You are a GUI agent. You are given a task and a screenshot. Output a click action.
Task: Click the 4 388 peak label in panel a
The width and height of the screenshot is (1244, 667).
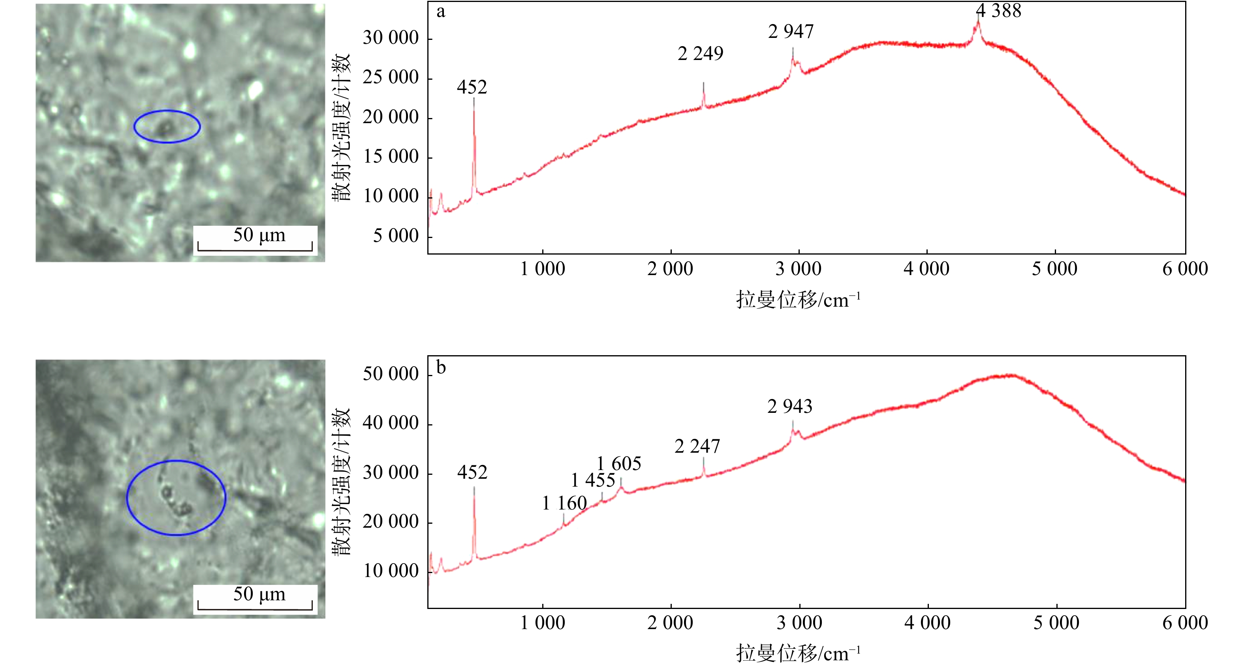point(999,11)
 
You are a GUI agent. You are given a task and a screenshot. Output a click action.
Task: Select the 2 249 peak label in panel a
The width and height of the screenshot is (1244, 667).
point(700,54)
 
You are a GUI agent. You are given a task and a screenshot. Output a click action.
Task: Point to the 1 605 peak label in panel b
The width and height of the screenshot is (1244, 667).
point(619,464)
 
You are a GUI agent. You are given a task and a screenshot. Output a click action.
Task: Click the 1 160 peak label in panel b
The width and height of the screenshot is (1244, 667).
point(564,503)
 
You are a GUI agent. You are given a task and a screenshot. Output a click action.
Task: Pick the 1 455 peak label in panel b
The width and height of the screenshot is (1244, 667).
point(593,480)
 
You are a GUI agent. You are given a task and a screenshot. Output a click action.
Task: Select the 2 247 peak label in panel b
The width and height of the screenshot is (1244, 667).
point(697,446)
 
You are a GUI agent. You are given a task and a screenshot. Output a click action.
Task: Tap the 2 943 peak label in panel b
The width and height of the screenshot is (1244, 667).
point(790,407)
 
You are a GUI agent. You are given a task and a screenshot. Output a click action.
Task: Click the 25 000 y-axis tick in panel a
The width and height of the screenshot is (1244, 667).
point(391,77)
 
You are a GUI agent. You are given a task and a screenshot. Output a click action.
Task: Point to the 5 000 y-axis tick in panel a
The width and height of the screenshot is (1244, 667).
point(396,236)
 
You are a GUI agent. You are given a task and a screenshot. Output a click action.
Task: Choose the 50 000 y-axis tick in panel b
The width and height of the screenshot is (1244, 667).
point(391,374)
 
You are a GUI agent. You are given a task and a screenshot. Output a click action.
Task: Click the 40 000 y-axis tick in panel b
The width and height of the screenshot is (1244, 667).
point(391,423)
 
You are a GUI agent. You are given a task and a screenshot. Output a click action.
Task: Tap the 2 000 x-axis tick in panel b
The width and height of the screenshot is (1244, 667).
point(670,623)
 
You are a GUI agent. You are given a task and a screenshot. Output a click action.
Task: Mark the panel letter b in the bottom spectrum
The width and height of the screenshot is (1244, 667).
point(441,367)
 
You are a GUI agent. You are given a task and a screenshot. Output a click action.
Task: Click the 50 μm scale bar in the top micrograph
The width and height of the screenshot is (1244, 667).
point(255,250)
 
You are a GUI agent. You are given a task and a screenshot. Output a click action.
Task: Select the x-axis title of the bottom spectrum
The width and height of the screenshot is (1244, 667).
point(798,654)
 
